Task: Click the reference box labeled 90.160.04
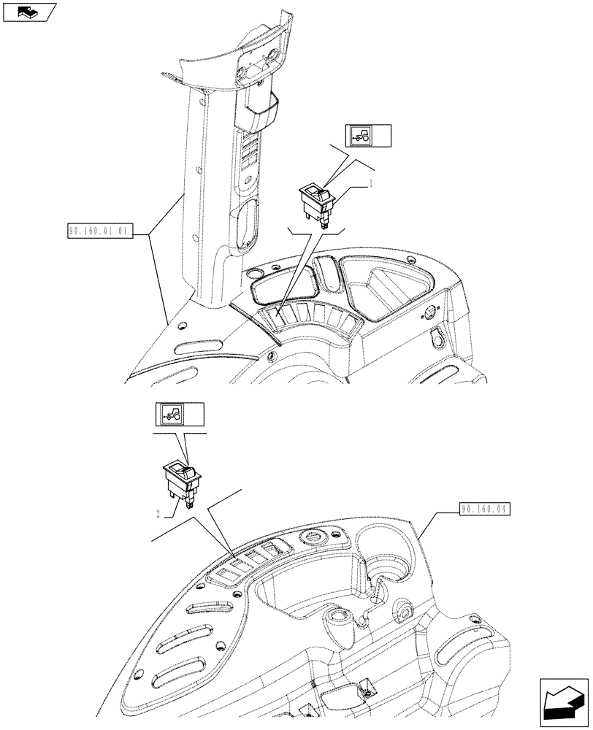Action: (x=486, y=509)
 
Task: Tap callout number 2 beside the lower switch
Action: (x=158, y=513)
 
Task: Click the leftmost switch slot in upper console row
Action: (x=274, y=316)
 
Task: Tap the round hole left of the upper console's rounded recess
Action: (x=254, y=274)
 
